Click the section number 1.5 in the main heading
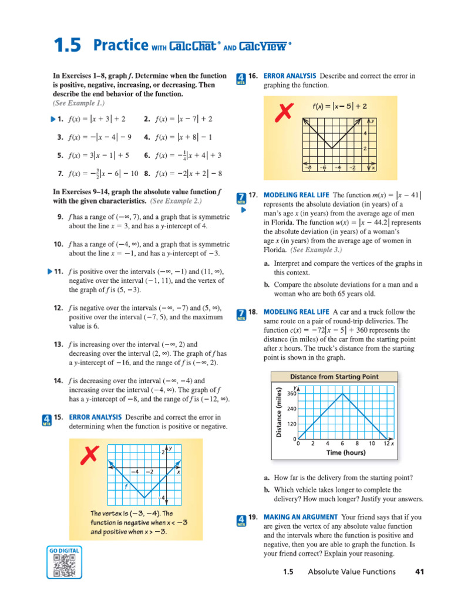[x=67, y=46]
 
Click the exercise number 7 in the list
[x=60, y=174]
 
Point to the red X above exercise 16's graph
[x=284, y=111]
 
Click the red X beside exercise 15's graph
[x=90, y=454]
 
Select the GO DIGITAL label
[x=64, y=551]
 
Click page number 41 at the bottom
[x=419, y=572]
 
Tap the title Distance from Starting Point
[x=334, y=377]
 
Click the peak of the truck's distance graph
[x=342, y=393]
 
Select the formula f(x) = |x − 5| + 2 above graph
[x=339, y=106]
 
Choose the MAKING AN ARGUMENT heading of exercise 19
[x=299, y=517]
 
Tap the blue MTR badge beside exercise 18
[x=241, y=315]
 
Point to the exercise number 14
[x=58, y=381]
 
